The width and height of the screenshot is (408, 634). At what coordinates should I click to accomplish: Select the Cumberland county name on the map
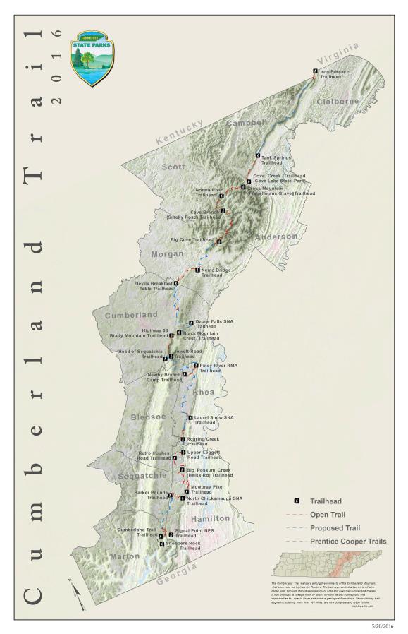(x=131, y=313)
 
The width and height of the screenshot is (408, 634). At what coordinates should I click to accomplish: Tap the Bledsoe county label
(x=148, y=417)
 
